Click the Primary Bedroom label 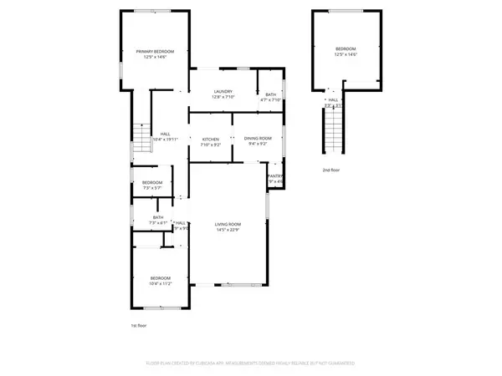tap(151, 52)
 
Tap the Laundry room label tap(223, 91)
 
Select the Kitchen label tap(210, 139)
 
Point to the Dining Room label tap(257, 139)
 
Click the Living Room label tap(228, 224)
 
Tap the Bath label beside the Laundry tap(270, 94)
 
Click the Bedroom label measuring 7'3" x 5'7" tap(151, 182)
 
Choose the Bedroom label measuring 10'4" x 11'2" tap(160, 277)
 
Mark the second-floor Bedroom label tap(346, 48)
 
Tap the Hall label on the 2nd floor tap(333, 100)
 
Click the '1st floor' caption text tap(139, 325)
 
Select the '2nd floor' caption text tap(331, 170)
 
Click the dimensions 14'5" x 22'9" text tap(228, 229)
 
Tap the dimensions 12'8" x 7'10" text tap(223, 97)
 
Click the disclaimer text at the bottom tap(251, 364)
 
